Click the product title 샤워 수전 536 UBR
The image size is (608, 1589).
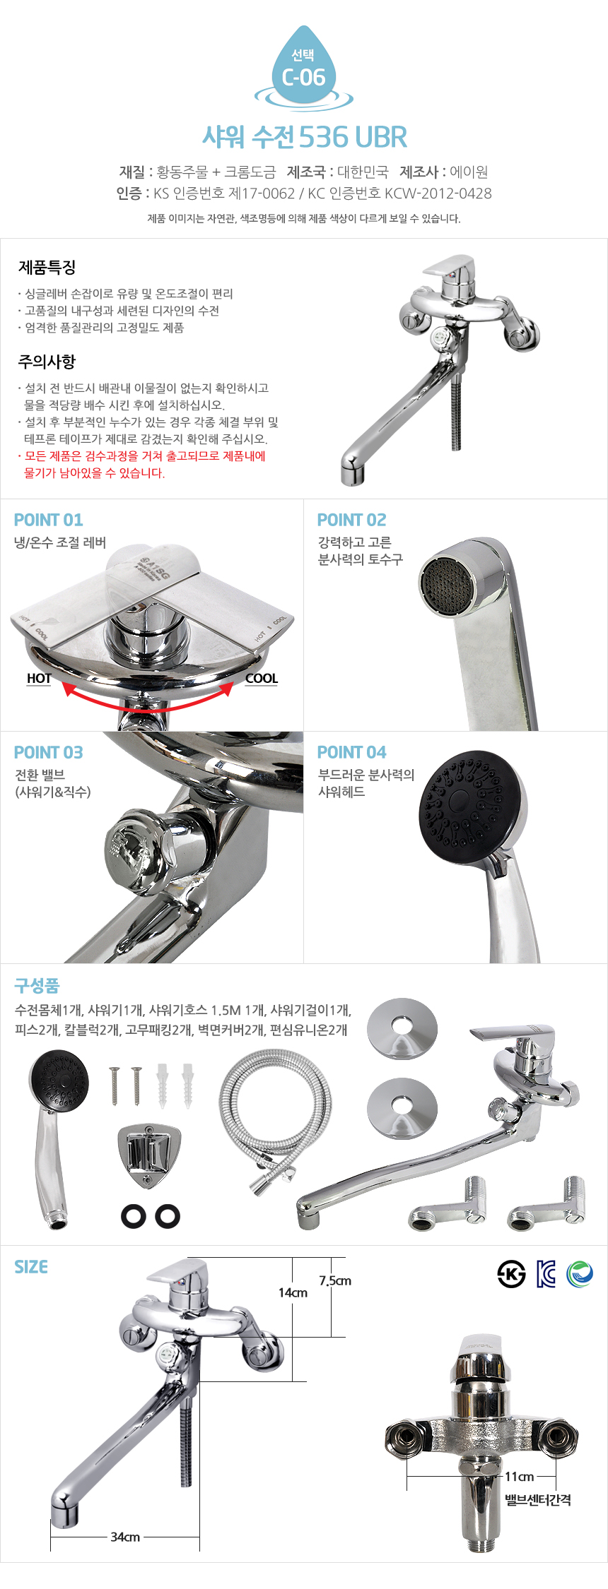pyautogui.click(x=305, y=137)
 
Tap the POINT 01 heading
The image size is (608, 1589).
pyautogui.click(x=49, y=520)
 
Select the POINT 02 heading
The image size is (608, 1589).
pyautogui.click(x=352, y=520)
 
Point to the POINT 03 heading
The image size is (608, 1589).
pyautogui.click(x=49, y=753)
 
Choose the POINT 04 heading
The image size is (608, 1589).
pyautogui.click(x=352, y=753)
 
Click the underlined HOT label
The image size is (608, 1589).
pyautogui.click(x=39, y=679)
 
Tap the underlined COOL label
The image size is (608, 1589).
pyautogui.click(x=262, y=679)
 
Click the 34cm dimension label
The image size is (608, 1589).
pyautogui.click(x=125, y=1537)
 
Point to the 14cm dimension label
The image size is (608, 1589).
pyautogui.click(x=293, y=1292)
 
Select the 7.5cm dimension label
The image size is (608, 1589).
pyautogui.click(x=335, y=1280)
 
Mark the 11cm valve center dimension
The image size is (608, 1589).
pyautogui.click(x=519, y=1476)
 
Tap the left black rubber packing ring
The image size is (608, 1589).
pyautogui.click(x=134, y=1215)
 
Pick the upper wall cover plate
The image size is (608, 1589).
pyautogui.click(x=402, y=1029)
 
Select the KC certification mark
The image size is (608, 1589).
pyautogui.click(x=546, y=1273)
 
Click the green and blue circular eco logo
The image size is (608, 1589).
pyautogui.click(x=580, y=1273)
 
